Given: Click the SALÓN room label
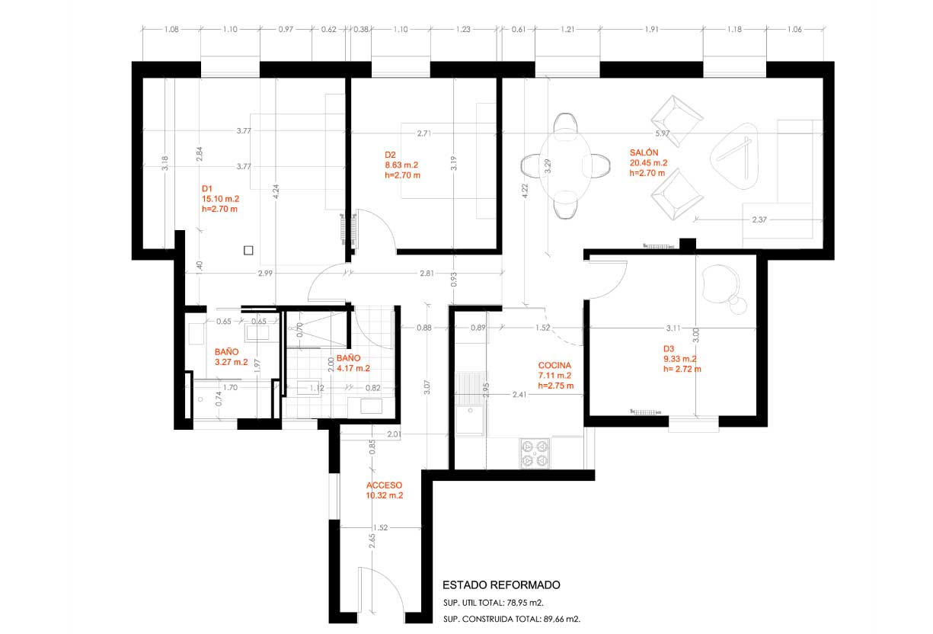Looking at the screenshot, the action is (644, 152).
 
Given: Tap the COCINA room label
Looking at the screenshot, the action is (554, 365).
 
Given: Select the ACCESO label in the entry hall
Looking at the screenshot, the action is (384, 485).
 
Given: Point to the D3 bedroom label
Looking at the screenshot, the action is (669, 349).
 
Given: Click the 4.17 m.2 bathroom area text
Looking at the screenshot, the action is (353, 369).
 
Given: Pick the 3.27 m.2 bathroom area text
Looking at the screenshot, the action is (232, 362).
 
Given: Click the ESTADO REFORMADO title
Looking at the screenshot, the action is (501, 584).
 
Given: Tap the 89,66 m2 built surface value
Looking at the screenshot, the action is (561, 619).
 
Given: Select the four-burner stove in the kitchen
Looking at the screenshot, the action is (535, 453).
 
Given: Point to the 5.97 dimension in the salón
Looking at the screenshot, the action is (663, 133).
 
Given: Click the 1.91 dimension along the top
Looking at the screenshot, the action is (651, 29).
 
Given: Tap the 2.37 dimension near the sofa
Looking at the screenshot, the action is (759, 219).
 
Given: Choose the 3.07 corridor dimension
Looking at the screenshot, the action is (427, 387).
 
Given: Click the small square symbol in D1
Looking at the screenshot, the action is (248, 250).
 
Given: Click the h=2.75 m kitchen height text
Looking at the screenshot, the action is (556, 386).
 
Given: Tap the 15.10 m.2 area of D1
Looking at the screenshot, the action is (220, 199).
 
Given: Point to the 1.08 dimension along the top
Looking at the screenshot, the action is (171, 29).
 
